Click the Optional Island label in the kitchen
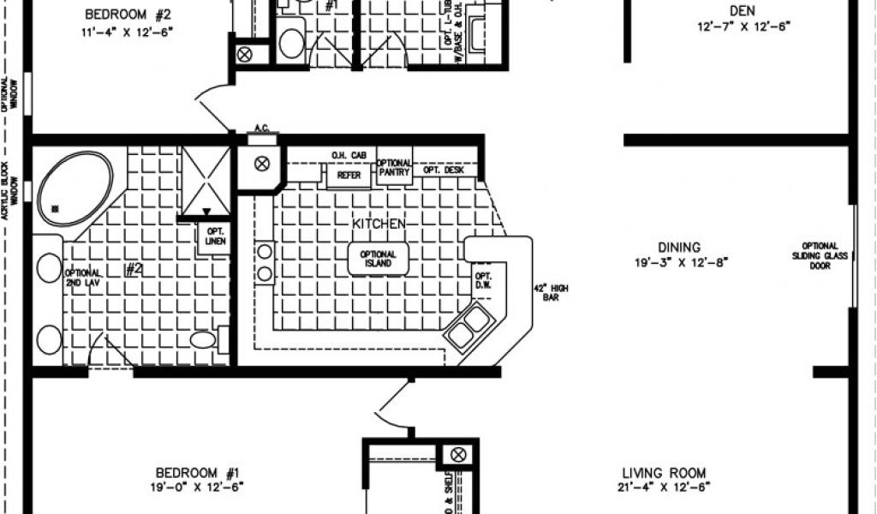point(378,259)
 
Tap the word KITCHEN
point(378,224)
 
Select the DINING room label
point(679,247)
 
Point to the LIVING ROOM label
point(664,472)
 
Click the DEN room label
point(743,10)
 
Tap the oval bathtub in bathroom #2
point(75,187)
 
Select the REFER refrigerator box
point(349,175)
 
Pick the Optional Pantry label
point(394,168)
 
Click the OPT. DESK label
point(443,170)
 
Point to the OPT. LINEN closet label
point(212,236)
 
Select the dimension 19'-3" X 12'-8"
point(682,262)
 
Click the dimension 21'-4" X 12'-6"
point(665,487)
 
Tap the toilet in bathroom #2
point(204,340)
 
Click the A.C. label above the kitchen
point(260,129)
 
